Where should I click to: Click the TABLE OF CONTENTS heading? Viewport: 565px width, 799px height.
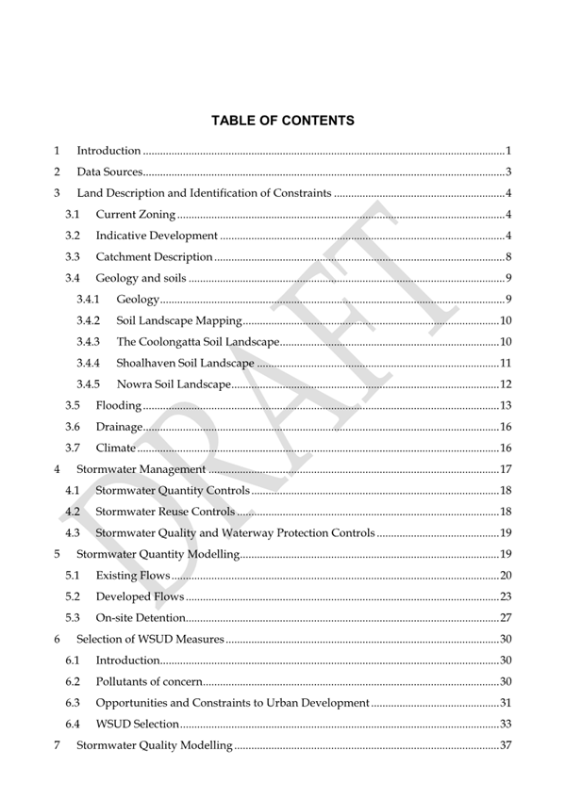(282, 121)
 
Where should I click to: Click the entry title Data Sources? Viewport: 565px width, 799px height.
(109, 172)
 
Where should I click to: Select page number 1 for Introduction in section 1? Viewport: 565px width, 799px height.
(507, 151)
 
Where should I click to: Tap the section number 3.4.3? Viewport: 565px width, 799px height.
(89, 341)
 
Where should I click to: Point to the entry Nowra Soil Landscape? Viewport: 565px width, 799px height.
(174, 383)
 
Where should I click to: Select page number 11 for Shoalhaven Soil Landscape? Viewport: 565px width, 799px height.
(505, 363)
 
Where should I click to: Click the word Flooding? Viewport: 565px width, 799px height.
(119, 405)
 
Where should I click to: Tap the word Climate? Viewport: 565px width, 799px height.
(116, 448)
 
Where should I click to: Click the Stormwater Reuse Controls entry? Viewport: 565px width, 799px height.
(165, 512)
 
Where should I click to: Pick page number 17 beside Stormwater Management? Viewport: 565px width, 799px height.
(505, 469)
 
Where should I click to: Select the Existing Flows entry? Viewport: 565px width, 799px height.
(133, 576)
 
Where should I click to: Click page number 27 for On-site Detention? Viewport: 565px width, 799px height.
(505, 618)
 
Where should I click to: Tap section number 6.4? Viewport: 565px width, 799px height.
(73, 725)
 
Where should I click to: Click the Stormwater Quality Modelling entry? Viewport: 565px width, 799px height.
(154, 746)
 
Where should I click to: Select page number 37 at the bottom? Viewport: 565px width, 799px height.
(505, 746)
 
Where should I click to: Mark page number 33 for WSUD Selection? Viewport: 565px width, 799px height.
(505, 725)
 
